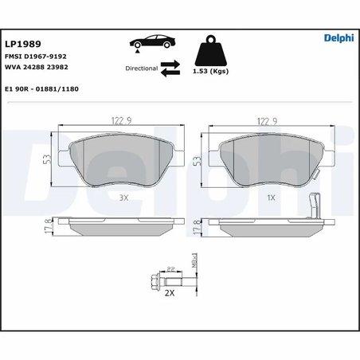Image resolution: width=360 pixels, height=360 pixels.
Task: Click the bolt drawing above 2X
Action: point(165,282)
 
